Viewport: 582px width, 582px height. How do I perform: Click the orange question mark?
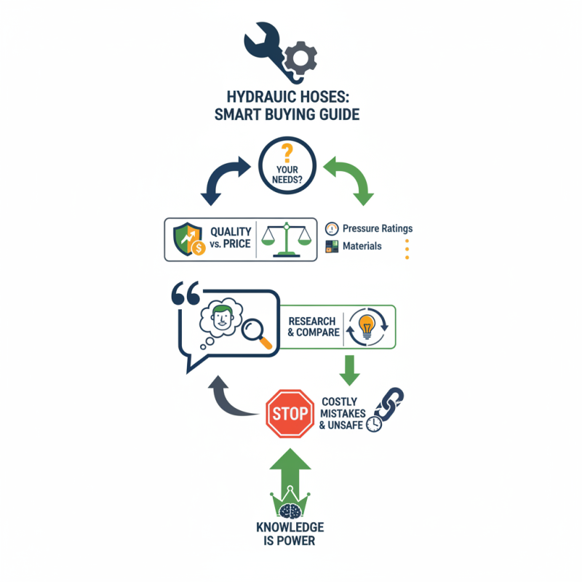tap(287, 154)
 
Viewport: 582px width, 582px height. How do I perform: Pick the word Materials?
tap(362, 247)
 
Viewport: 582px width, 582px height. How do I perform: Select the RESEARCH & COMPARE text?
tap(313, 327)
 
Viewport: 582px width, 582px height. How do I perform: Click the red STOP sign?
tap(290, 413)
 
